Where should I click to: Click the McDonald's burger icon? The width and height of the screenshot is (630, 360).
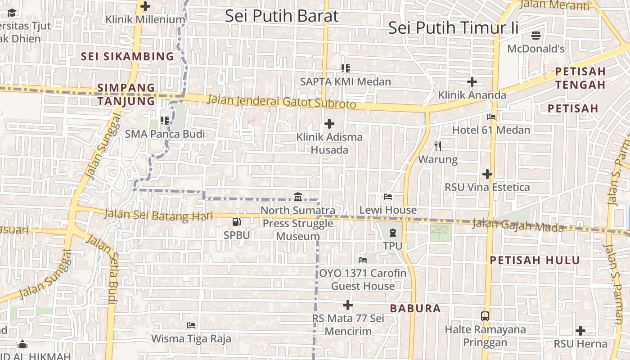(x=535, y=35)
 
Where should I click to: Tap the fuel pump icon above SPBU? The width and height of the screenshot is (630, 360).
(x=236, y=221)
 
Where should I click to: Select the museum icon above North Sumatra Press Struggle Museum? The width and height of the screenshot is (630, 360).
(x=297, y=197)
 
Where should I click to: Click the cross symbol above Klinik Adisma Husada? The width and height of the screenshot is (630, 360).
(x=329, y=123)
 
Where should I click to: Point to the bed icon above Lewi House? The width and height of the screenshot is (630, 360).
(x=388, y=197)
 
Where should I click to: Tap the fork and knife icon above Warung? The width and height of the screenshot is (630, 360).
(x=438, y=146)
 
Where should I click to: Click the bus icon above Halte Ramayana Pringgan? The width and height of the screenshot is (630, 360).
(x=485, y=316)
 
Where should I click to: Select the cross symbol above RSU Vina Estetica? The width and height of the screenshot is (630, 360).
(x=487, y=174)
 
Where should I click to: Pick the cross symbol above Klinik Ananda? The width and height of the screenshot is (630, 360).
(x=472, y=82)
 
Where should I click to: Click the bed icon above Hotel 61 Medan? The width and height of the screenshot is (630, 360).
(x=491, y=117)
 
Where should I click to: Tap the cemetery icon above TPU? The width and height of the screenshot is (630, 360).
(x=393, y=233)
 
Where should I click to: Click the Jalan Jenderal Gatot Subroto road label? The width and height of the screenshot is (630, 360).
(x=281, y=101)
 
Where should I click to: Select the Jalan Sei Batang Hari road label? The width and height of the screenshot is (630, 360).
(x=158, y=215)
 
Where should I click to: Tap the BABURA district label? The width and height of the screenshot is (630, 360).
(x=415, y=309)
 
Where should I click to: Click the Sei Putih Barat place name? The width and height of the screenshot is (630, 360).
(x=281, y=16)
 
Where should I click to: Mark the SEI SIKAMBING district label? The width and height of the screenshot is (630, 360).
(x=127, y=56)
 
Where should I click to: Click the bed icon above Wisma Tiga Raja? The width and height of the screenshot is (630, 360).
(x=191, y=325)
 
